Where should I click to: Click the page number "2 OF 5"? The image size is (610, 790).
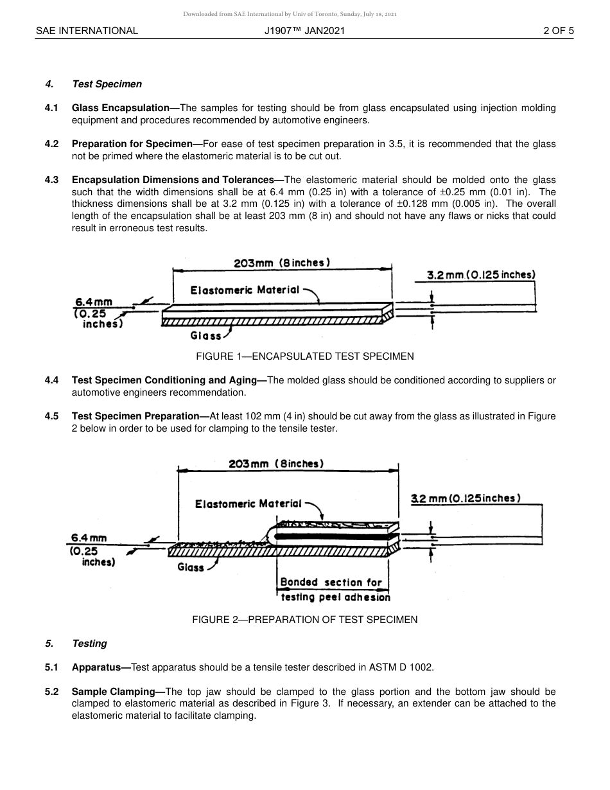pyautogui.click(x=558, y=30)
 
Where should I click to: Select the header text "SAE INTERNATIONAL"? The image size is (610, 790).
pyautogui.click(x=87, y=30)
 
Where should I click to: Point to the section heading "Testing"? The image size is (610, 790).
pyautogui.click(x=89, y=644)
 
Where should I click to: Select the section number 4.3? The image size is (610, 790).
pyautogui.click(x=51, y=180)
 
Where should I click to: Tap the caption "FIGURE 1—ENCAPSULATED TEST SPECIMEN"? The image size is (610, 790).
pyautogui.click(x=304, y=356)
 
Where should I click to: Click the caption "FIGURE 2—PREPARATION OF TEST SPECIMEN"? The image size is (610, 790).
pyautogui.click(x=304, y=619)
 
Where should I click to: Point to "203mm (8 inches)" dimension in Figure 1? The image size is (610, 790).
pyautogui.click(x=282, y=263)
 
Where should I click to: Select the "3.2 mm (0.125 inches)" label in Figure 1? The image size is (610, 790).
pyautogui.click(x=481, y=275)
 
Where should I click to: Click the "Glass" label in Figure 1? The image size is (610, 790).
pyautogui.click(x=205, y=335)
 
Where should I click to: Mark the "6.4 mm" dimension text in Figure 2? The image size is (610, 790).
pyautogui.click(x=89, y=538)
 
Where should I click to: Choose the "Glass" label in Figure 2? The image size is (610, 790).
pyautogui.click(x=191, y=567)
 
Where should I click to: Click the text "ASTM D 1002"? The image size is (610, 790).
pyautogui.click(x=401, y=667)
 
